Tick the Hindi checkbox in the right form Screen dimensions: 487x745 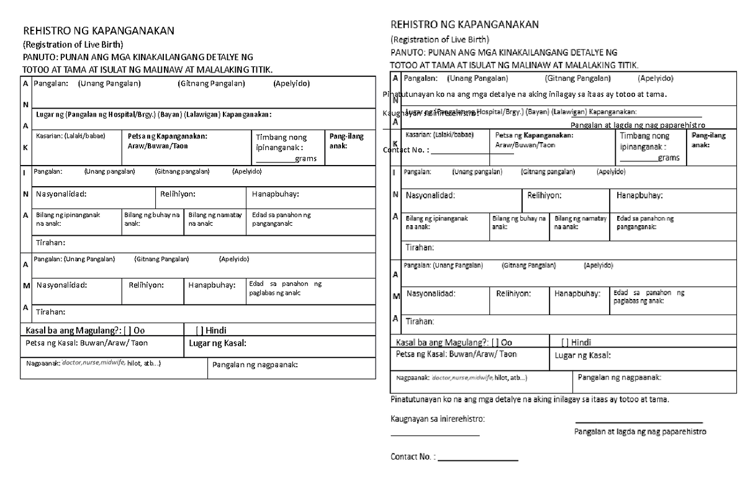click(x=565, y=342)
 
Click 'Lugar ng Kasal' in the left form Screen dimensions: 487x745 click(x=217, y=344)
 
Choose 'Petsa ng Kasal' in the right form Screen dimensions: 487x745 click(x=456, y=354)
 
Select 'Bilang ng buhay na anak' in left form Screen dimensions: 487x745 click(x=152, y=219)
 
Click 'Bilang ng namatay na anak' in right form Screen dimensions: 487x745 click(x=580, y=223)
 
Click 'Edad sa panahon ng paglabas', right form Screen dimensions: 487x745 click(x=648, y=297)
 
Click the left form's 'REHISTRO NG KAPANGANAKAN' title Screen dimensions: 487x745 click(x=99, y=31)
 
